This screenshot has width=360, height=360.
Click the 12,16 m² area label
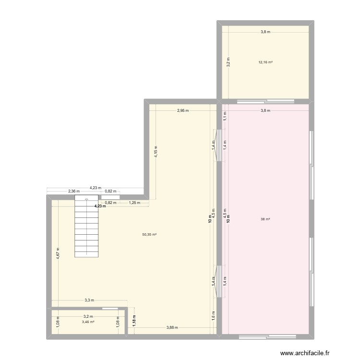pyautogui.click(x=265, y=62)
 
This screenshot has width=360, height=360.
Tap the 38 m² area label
pyautogui.click(x=265, y=219)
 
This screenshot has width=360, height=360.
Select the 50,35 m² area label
pyautogui.click(x=150, y=235)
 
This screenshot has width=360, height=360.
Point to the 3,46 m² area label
pyautogui.click(x=88, y=322)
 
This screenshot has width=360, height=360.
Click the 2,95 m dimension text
pyautogui.click(x=183, y=110)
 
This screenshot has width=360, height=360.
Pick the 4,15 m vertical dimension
pyautogui.click(x=156, y=152)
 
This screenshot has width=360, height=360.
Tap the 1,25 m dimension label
pyautogui.click(x=134, y=203)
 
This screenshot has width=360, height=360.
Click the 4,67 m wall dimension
pyautogui.click(x=58, y=253)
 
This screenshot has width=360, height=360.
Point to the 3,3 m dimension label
pyautogui.click(x=89, y=300)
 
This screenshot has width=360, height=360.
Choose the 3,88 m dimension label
pyautogui.click(x=172, y=328)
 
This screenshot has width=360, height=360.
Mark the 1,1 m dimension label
pyautogui.click(x=224, y=115)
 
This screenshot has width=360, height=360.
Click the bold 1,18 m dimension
pyautogui.click(x=134, y=320)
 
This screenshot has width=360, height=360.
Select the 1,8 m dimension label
pyautogui.click(x=214, y=316)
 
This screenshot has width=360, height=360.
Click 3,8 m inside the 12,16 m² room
pyautogui.click(x=265, y=32)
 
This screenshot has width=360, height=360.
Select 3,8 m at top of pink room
pyautogui.click(x=265, y=110)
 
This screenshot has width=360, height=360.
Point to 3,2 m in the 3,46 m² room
pyautogui.click(x=88, y=317)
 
